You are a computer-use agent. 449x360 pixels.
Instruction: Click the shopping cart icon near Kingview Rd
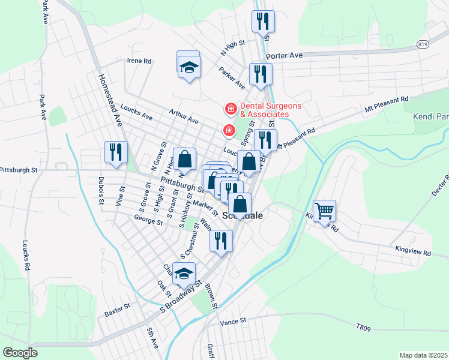[x=325, y=211]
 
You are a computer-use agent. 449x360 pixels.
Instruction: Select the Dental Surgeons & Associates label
[x=265, y=110]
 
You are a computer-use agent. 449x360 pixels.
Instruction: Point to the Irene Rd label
[x=139, y=61]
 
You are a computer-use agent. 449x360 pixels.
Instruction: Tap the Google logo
[x=20, y=353]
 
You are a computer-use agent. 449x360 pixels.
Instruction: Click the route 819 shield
[x=423, y=44]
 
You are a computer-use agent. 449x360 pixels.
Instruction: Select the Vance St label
[x=234, y=322]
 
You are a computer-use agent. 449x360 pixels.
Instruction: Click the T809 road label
[x=364, y=327]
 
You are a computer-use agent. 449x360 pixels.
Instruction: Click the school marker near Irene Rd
[x=189, y=67]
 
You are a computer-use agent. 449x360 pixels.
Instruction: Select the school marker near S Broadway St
[x=184, y=273]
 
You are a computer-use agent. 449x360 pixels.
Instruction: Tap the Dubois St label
[x=100, y=190]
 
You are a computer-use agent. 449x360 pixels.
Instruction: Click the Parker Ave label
[x=232, y=76]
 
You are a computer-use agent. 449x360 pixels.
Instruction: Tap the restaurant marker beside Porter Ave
[x=260, y=74]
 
